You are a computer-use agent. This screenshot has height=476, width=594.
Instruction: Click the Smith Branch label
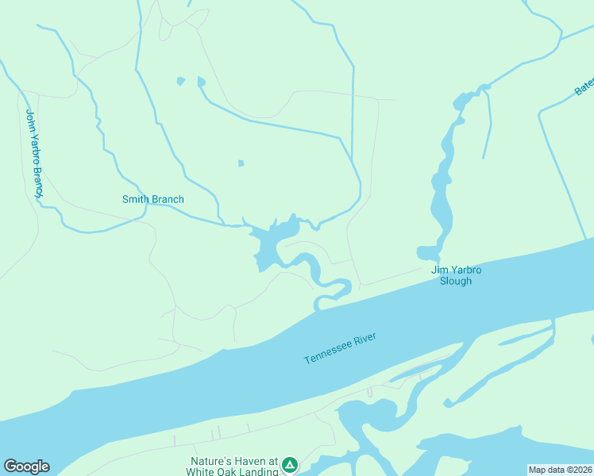pos(152,199)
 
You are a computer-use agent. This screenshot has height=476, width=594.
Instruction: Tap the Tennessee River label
pos(340,349)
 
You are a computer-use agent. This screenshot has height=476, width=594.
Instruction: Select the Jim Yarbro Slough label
pos(457,275)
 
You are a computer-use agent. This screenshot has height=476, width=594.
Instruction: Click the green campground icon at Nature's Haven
pos(290,464)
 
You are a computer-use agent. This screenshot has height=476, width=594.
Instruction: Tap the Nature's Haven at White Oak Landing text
pos(233,466)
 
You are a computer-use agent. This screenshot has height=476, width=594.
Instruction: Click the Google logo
pos(26,466)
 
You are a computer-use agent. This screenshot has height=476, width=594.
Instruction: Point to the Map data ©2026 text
pos(560,470)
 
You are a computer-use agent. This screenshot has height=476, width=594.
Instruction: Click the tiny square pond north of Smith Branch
pos(241,163)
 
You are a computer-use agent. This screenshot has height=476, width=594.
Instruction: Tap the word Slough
pos(457,281)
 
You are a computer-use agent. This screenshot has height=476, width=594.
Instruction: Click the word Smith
pos(135,199)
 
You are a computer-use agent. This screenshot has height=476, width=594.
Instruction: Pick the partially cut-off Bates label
pos(584,87)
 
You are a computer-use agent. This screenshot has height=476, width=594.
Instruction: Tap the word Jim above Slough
pos(438,270)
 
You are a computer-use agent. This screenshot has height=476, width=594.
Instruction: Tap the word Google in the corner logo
pos(26,466)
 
